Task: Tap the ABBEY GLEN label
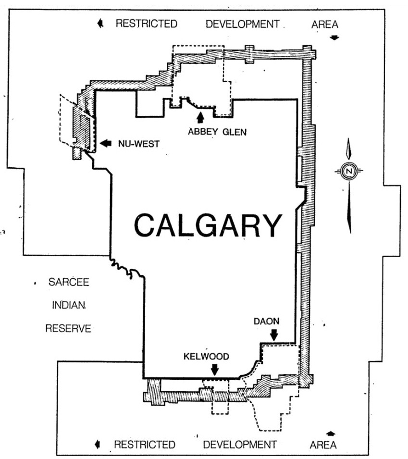pyautogui.click(x=217, y=132)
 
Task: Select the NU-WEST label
pyautogui.click(x=139, y=144)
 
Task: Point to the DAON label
pyautogui.click(x=266, y=321)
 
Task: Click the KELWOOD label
pyautogui.click(x=206, y=356)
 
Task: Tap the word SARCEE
pyautogui.click(x=69, y=282)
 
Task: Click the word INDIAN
pyautogui.click(x=69, y=305)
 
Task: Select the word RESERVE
pyautogui.click(x=68, y=328)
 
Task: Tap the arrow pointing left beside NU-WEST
pyautogui.click(x=106, y=143)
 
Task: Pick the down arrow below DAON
pyautogui.click(x=274, y=335)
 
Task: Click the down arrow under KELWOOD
pyautogui.click(x=215, y=370)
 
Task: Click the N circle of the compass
pyautogui.click(x=349, y=171)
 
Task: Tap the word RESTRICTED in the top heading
pyautogui.click(x=147, y=24)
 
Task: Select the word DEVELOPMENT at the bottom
pyautogui.click(x=240, y=445)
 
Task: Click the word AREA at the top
pyautogui.click(x=325, y=25)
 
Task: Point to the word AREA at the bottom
pyautogui.click(x=323, y=445)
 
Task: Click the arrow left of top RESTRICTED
pyautogui.click(x=100, y=23)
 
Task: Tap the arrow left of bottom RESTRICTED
pyautogui.click(x=98, y=445)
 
